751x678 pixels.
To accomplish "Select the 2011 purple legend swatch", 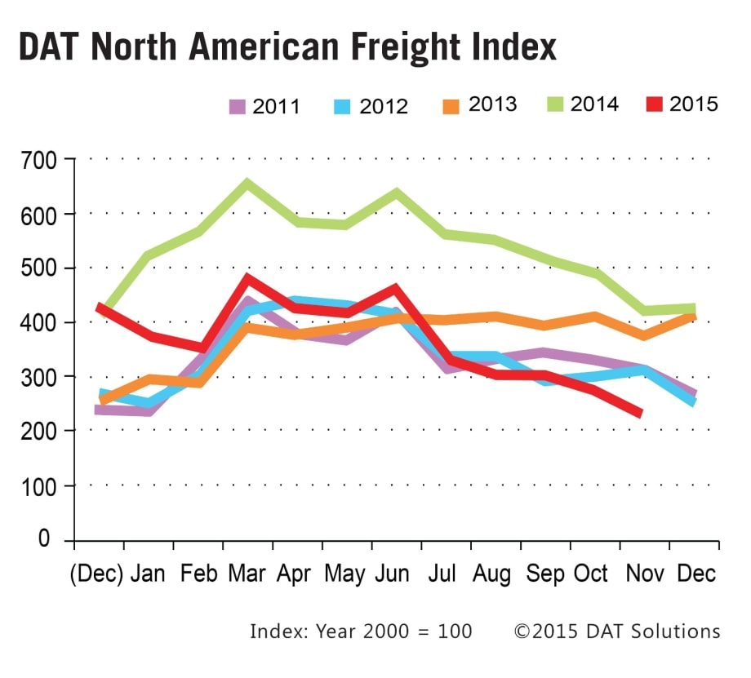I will [x=238, y=106].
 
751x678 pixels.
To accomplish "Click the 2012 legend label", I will [x=380, y=106].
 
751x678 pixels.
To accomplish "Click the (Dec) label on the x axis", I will [x=97, y=573].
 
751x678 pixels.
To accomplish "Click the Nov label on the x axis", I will [x=642, y=573].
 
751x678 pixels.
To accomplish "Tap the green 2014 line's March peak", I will [x=247, y=184].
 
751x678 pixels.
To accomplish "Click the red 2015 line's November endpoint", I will [x=642, y=414].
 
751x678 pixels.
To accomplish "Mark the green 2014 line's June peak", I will [x=397, y=193].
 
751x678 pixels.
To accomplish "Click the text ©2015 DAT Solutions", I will [x=616, y=631].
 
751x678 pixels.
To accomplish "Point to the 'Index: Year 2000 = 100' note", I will [x=361, y=631].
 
